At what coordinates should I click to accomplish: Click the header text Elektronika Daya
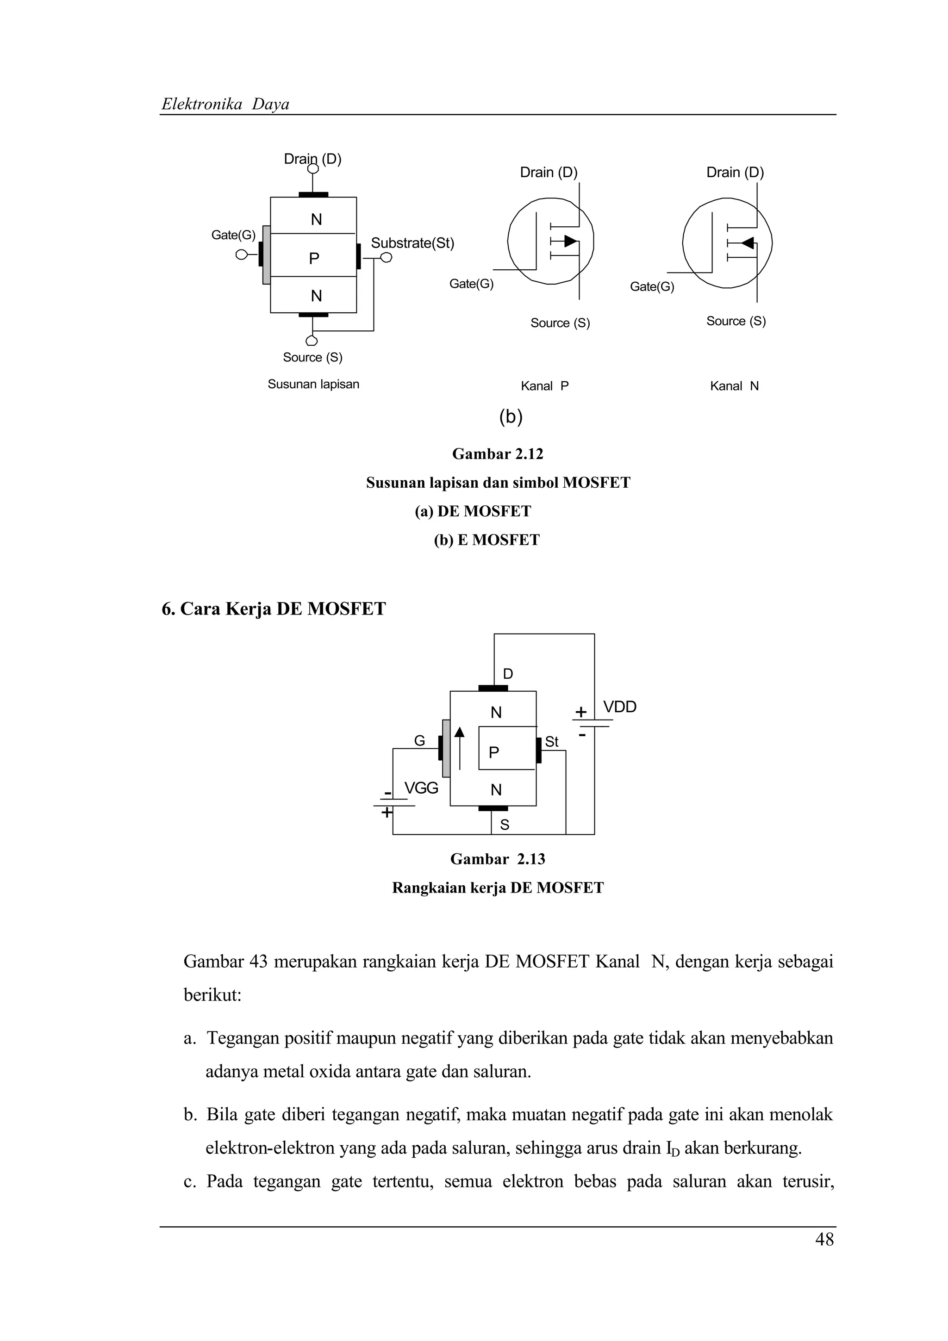[x=225, y=104]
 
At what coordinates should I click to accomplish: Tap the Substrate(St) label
[x=412, y=243]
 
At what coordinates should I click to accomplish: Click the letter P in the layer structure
[x=314, y=258]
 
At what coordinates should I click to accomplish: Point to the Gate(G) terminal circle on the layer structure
[x=241, y=255]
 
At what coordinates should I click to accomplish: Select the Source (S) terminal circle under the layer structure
[x=312, y=341]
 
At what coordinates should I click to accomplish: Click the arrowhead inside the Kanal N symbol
[x=748, y=243]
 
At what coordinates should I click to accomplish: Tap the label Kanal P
[x=544, y=386]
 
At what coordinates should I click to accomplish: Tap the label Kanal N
[x=734, y=386]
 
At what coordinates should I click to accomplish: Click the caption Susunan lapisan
[x=313, y=385]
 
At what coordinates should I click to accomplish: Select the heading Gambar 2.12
[x=498, y=454]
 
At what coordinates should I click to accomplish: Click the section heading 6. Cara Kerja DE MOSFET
[x=274, y=608]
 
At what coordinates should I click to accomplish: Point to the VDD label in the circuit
[x=620, y=708]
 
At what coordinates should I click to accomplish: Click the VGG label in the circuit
[x=421, y=788]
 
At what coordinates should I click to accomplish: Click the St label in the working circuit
[x=551, y=742]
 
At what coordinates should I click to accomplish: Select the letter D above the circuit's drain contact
[x=508, y=674]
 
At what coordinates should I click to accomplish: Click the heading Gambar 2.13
[x=498, y=859]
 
